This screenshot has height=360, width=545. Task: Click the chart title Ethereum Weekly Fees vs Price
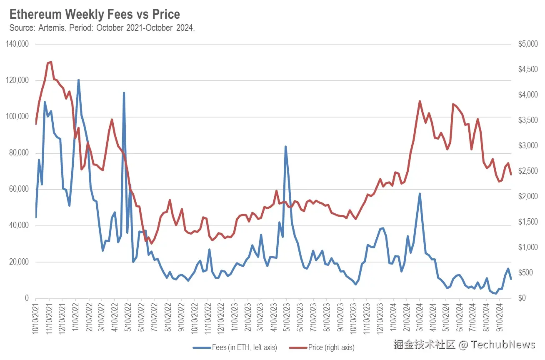[95, 14]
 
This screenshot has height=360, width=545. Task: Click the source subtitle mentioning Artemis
[102, 28]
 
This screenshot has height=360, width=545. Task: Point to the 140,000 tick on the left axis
[17, 44]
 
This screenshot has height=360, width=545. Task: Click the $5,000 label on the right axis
[527, 44]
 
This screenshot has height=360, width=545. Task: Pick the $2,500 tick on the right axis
[527, 171]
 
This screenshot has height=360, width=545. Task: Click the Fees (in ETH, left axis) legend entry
[235, 347]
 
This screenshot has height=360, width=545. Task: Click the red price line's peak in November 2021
[50, 62]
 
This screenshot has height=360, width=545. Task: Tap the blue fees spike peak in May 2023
[285, 147]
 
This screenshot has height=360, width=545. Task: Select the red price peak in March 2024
[420, 101]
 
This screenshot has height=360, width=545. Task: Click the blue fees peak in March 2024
[420, 194]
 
